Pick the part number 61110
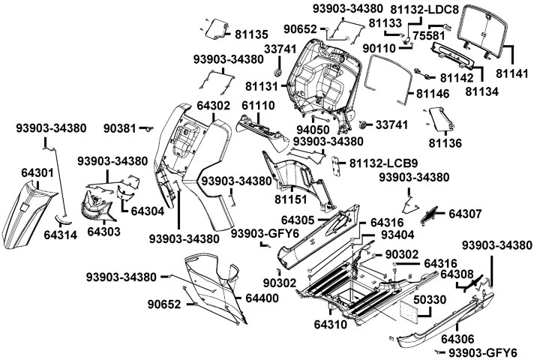tap(257, 106)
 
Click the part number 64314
tap(61, 235)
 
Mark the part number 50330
tap(431, 299)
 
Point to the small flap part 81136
tap(439, 117)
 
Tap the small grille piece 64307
tap(434, 214)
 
